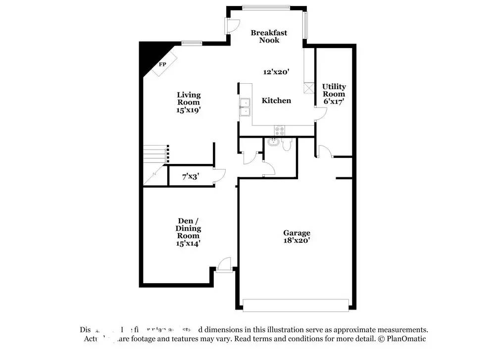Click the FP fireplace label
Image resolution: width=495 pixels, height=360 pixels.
pyautogui.click(x=162, y=65)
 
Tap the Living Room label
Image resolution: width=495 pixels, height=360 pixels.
pyautogui.click(x=189, y=99)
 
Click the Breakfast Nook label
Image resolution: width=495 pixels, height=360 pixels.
pyautogui.click(x=269, y=36)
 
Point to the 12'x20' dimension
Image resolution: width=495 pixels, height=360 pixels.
pyautogui.click(x=276, y=72)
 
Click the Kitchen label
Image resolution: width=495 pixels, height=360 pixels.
pyautogui.click(x=276, y=101)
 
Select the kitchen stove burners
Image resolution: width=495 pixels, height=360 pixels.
pyautogui.click(x=279, y=130)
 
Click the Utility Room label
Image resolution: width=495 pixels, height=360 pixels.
pyautogui.click(x=334, y=90)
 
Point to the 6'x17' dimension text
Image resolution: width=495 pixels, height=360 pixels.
pyautogui.click(x=334, y=101)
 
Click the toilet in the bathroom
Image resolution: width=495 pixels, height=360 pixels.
pyautogui.click(x=287, y=145)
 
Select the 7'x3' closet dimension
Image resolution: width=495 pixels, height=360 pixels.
pyautogui.click(x=191, y=176)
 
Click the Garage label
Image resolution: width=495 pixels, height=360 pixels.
pyautogui.click(x=297, y=233)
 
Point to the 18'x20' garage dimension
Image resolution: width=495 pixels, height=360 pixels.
pyautogui.click(x=297, y=241)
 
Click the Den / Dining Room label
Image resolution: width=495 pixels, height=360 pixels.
pyautogui.click(x=188, y=228)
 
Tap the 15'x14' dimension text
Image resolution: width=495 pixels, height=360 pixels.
pyautogui.click(x=188, y=243)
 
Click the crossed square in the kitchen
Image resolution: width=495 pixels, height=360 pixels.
pyautogui.click(x=308, y=88)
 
